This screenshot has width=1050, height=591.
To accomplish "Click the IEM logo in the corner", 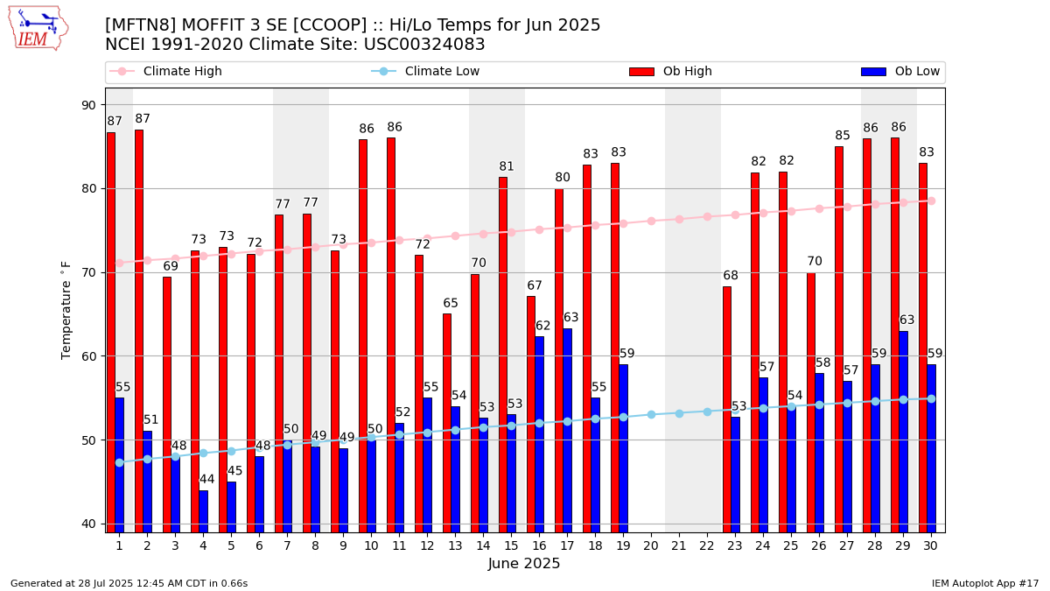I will coord(38,28).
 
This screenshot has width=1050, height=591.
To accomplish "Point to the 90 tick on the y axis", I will coord(89,105).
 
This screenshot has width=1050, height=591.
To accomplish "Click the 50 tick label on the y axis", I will coord(89,440).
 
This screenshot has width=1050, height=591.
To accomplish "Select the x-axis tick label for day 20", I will coord(651,545).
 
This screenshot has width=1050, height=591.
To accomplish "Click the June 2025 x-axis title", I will coord(523,564).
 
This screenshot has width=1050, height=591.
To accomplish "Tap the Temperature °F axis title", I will coord(66,310).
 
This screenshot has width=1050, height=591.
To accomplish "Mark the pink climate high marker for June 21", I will coord(679,219).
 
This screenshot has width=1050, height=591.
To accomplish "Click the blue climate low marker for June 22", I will coord(707,412).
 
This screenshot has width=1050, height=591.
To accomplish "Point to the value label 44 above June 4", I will coord(207,480).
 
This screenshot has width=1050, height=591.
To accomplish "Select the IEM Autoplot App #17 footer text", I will coord(984,583).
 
